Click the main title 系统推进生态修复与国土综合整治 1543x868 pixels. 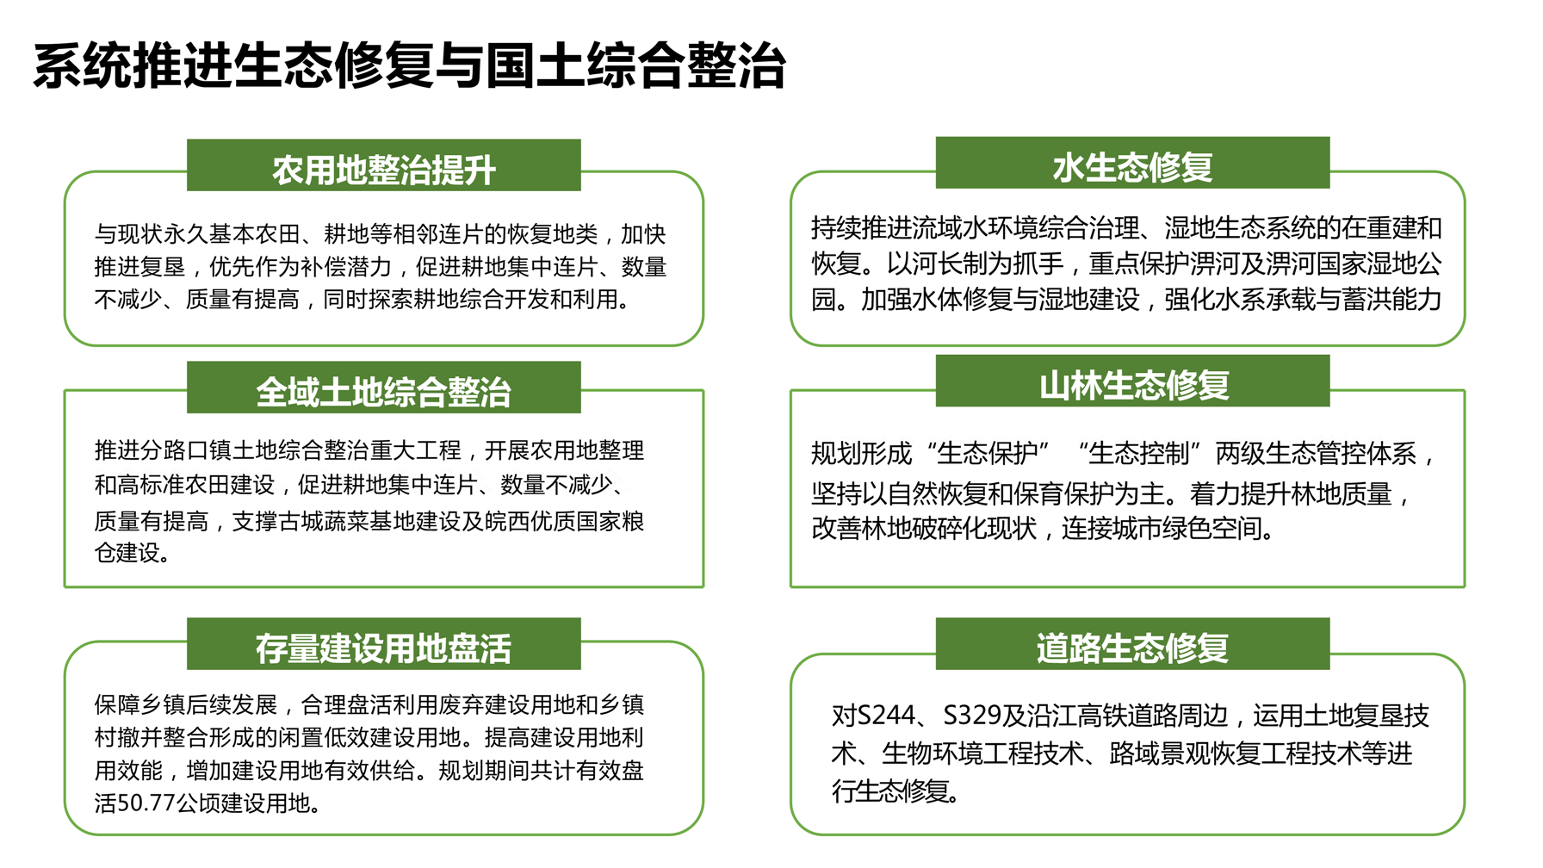(x=409, y=66)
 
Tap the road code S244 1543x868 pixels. (x=886, y=716)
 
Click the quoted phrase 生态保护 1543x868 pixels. (x=987, y=453)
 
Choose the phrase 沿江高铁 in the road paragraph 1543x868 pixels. (x=1077, y=716)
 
